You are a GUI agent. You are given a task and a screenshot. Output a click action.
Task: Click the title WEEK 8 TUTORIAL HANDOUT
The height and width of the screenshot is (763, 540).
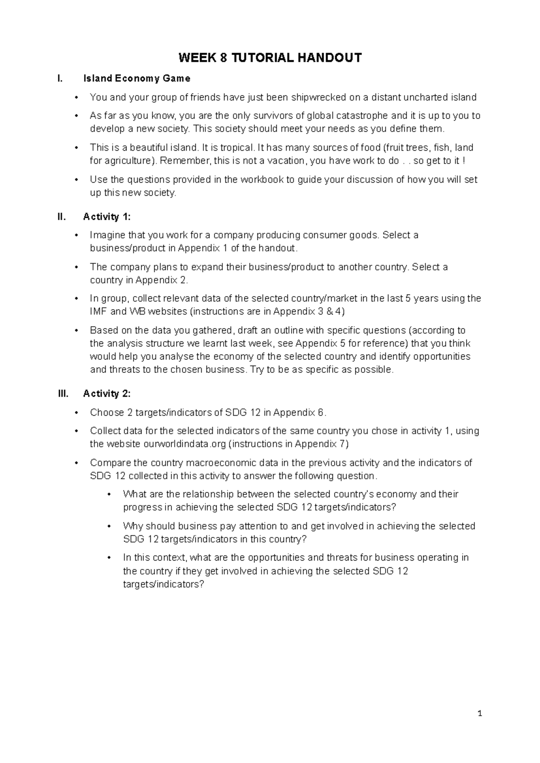tap(270, 58)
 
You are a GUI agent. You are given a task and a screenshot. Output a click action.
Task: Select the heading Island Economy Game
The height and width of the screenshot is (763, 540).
tap(136, 79)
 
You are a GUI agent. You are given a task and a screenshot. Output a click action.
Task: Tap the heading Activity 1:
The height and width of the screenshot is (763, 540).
tap(107, 217)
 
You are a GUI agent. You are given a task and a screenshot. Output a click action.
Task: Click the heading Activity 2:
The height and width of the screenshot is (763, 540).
tap(107, 394)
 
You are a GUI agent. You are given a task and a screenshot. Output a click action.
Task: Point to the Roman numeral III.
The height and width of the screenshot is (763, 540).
tap(63, 394)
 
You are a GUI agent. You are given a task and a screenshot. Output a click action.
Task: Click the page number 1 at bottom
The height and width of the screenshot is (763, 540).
tap(480, 714)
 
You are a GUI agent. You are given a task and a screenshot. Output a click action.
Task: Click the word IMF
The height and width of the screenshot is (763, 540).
tap(99, 311)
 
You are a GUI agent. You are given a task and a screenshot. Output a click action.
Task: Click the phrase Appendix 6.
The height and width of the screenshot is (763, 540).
tap(299, 413)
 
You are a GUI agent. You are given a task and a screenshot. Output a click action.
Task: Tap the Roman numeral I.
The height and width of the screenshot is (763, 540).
tap(58, 79)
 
